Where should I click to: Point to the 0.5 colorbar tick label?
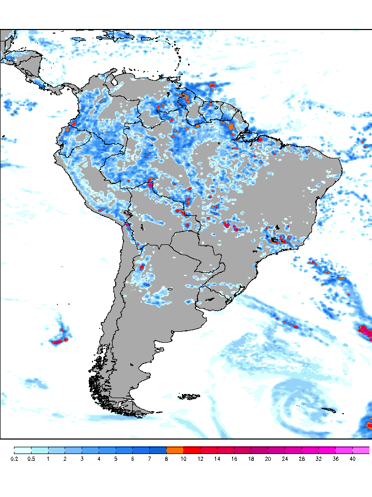[x=31, y=459]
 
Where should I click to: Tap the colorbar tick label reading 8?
[x=167, y=459]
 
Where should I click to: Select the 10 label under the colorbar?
[x=184, y=459]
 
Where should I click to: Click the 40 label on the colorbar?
[x=352, y=459]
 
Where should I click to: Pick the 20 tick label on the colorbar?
[x=268, y=459]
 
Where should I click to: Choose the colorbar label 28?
[x=302, y=459]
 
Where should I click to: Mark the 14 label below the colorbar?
[x=218, y=459]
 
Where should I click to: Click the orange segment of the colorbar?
[x=175, y=450]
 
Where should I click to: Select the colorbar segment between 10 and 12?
[x=192, y=450]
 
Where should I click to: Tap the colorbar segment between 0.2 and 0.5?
[x=23, y=450]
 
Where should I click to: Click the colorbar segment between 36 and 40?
[x=344, y=450]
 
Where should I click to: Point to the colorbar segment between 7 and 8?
[x=158, y=450]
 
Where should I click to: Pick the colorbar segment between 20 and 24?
[x=276, y=450]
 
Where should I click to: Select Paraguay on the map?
[x=191, y=243]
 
